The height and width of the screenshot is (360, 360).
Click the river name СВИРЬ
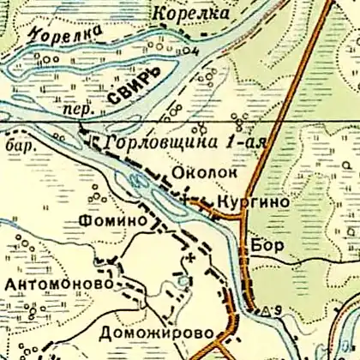[x=133, y=92]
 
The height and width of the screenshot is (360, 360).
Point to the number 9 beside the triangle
[x=279, y=308]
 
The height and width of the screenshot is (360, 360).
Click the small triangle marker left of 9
[x=267, y=309]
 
